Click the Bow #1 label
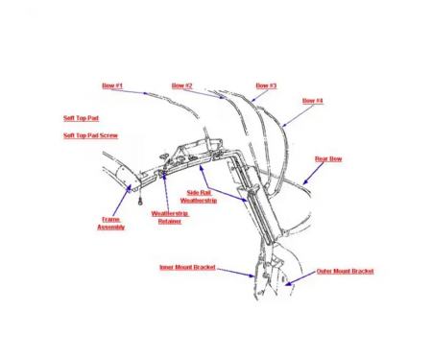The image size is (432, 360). pos(112,85)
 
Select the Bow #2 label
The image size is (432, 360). pos(182,85)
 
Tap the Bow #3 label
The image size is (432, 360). pos(266,85)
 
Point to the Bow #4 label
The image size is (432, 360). pos(313,101)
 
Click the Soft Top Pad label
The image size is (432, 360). pos(81,118)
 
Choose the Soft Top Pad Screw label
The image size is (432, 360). pos(90,135)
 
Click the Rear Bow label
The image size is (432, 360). pos(328,158)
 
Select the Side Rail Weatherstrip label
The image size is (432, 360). pos(199,197)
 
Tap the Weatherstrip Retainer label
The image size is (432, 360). pos(170,217)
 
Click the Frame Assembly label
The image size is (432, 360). pos(111,224)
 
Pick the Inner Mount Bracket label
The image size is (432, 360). pos(187,267)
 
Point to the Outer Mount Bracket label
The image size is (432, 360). pos(345,272)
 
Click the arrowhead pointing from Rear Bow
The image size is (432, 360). pos(305,182)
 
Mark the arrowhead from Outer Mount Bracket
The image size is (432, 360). pos(288,283)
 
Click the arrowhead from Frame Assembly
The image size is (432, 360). pos(129,188)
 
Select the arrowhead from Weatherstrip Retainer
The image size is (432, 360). pos(164,176)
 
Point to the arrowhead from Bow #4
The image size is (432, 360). pos(284,126)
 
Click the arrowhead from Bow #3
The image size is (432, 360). pos(252,100)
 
